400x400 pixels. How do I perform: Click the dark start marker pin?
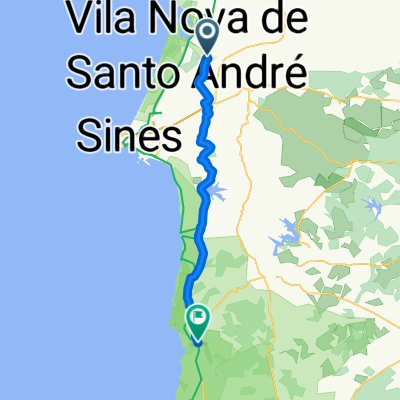[207, 37]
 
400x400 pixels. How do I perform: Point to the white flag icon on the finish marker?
[198, 319]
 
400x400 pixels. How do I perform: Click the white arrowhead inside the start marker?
[207, 34]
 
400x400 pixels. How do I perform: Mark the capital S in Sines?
[89, 136]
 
